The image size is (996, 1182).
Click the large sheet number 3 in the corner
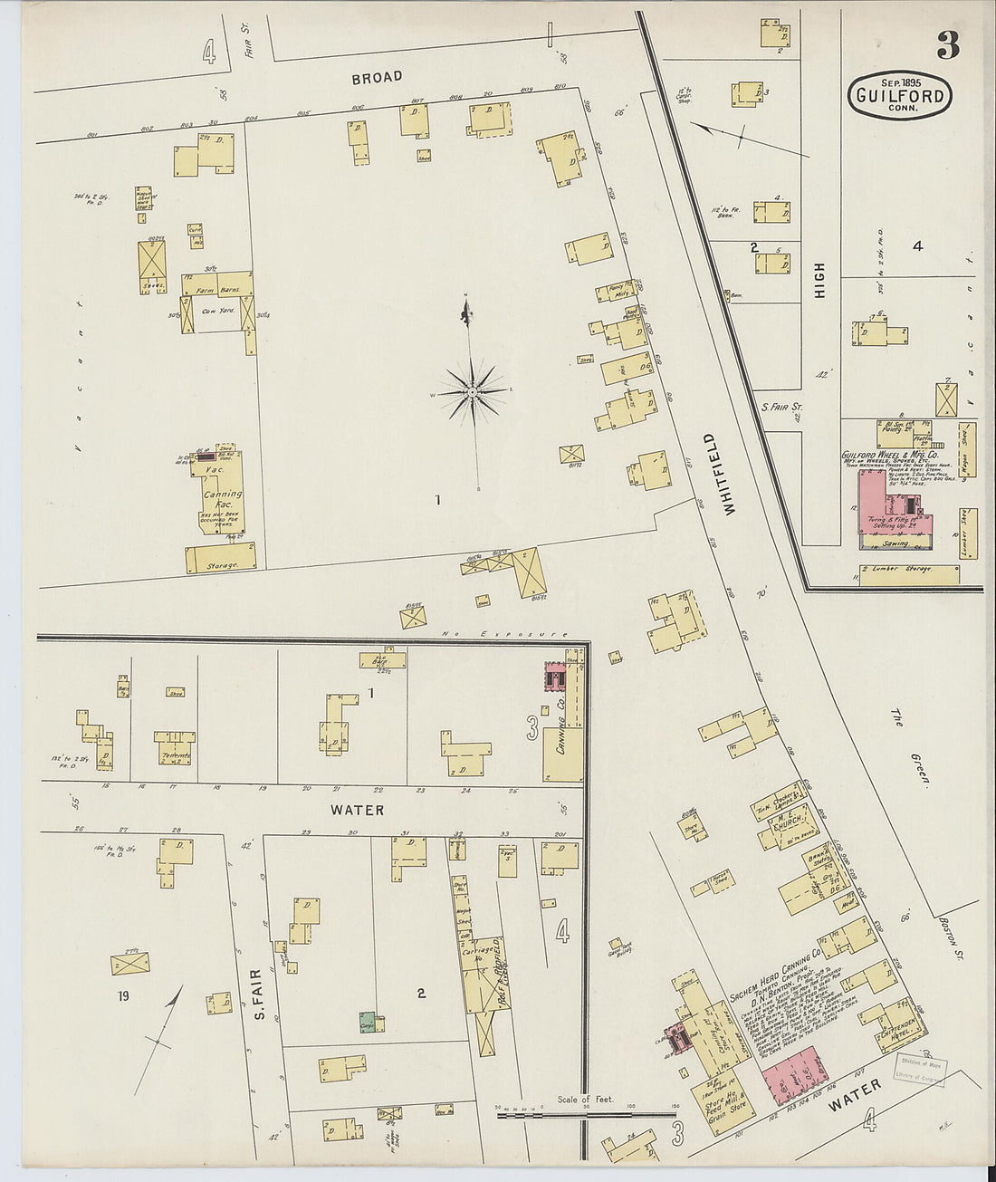[x=947, y=44]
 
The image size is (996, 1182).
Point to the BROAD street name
[x=377, y=78]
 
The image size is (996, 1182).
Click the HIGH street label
[x=819, y=281]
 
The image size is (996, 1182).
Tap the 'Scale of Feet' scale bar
[x=586, y=1110]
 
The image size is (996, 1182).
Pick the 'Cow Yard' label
[x=218, y=312]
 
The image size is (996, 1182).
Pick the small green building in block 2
[x=368, y=1022]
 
